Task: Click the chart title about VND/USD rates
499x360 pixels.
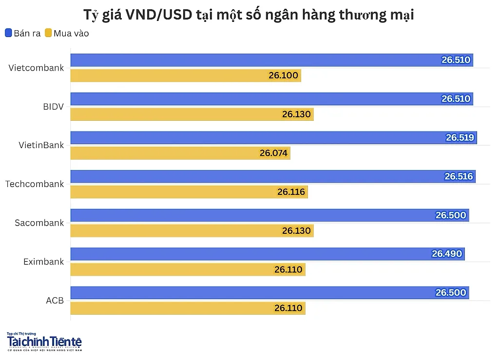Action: tap(249, 15)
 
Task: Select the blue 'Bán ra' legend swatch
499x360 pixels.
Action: tap(9, 33)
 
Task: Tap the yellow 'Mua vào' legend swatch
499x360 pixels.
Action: tap(48, 33)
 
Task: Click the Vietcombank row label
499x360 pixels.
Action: tap(36, 68)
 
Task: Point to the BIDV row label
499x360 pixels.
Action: tap(54, 107)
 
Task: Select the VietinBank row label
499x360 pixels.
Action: tap(41, 145)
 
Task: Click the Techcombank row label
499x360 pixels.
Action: tap(35, 184)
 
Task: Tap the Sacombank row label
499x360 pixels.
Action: tap(39, 223)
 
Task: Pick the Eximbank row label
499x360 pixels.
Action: tap(43, 262)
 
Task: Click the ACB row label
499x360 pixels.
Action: tap(55, 300)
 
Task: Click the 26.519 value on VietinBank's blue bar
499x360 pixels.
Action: tap(460, 137)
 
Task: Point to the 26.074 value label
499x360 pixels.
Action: tap(273, 153)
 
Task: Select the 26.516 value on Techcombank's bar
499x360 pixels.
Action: tap(459, 176)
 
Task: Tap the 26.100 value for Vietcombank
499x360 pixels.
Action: tap(283, 76)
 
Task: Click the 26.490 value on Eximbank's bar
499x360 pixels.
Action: tap(447, 253)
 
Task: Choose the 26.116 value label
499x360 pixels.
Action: tap(291, 192)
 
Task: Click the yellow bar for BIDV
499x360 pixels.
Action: tap(192, 114)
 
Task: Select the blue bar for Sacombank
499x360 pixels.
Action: tap(269, 215)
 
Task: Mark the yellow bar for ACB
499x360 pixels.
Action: tap(188, 308)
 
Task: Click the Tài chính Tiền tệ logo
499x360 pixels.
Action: tap(44, 341)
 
